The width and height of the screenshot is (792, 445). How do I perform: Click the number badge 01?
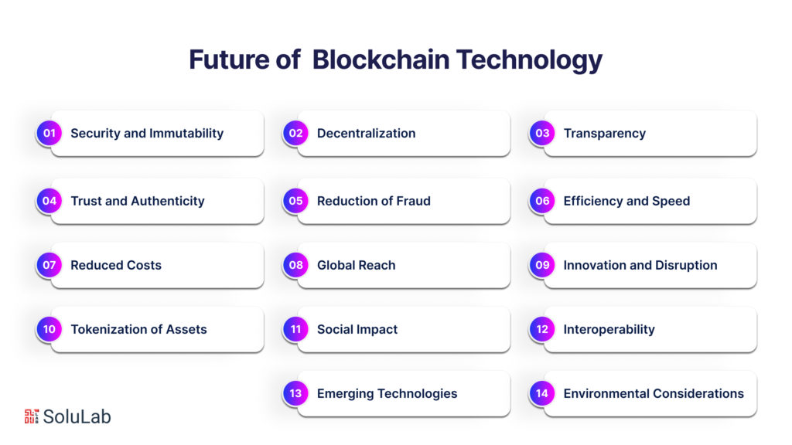pyautogui.click(x=49, y=133)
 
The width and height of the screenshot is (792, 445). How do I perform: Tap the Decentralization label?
pyautogui.click(x=366, y=133)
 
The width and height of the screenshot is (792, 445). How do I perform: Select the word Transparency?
pyautogui.click(x=604, y=133)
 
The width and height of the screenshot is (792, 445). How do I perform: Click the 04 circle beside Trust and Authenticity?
pyautogui.click(x=49, y=201)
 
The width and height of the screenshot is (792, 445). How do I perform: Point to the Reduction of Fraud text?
pyautogui.click(x=374, y=201)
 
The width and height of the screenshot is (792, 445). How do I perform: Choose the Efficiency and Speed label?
pyautogui.click(x=626, y=201)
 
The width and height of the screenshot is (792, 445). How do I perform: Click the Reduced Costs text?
pyautogui.click(x=116, y=265)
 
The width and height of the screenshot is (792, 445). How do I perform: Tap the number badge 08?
pyautogui.click(x=296, y=265)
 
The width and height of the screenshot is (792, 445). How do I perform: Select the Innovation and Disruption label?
pyautogui.click(x=640, y=265)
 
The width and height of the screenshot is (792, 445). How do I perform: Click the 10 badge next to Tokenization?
pyautogui.click(x=49, y=329)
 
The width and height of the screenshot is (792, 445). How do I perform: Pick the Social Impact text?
pyautogui.click(x=357, y=329)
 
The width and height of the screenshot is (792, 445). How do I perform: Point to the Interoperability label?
pyautogui.click(x=609, y=329)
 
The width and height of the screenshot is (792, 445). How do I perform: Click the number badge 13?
pyautogui.click(x=296, y=393)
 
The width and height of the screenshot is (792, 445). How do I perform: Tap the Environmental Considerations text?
pyautogui.click(x=653, y=393)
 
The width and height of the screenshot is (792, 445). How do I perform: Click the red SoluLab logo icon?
pyautogui.click(x=31, y=416)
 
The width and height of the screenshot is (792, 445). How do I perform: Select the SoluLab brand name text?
pyautogui.click(x=77, y=416)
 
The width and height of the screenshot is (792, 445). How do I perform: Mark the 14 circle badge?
pyautogui.click(x=542, y=393)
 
